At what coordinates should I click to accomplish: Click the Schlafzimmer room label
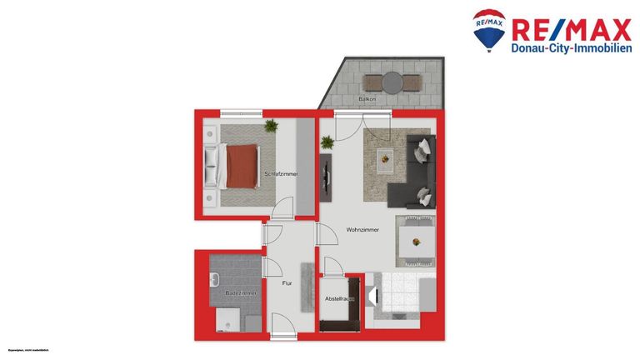coord(281,173)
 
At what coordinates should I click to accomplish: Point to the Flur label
coord(287,284)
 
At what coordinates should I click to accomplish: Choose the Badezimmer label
coord(240,293)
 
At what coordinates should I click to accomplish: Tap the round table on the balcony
coord(392,82)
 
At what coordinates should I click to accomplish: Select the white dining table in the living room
coord(414,241)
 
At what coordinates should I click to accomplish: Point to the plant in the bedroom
coord(270,126)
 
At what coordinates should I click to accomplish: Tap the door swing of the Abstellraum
coord(333,267)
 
